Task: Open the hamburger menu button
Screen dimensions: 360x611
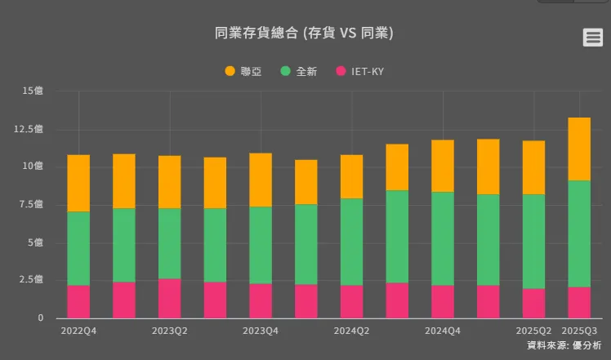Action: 592,37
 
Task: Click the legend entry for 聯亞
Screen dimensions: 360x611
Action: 243,71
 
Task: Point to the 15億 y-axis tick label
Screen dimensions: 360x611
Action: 33,91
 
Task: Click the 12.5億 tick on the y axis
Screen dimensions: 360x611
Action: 30,129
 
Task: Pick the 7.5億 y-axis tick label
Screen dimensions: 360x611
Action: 32,205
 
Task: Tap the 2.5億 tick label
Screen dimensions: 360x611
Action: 32,280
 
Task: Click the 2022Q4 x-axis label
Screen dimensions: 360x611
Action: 78,331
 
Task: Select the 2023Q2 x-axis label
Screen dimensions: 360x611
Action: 170,331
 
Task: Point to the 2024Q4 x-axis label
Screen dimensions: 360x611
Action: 443,331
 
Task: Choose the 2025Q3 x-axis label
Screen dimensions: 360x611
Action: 579,331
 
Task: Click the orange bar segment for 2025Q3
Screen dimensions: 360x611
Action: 579,149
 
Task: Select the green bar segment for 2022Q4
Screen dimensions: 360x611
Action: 78,248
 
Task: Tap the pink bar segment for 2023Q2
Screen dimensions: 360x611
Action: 170,298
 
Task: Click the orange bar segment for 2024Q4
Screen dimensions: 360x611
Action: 443,166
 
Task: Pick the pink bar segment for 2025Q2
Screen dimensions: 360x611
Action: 534,303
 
